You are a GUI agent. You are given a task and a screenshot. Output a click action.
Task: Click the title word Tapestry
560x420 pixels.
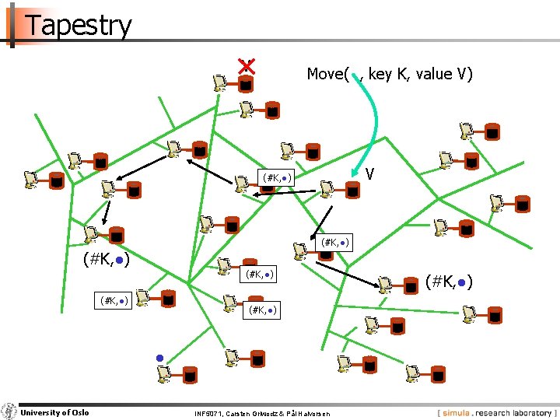[x=79, y=25]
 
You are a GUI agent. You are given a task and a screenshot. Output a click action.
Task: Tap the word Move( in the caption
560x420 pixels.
[x=327, y=74]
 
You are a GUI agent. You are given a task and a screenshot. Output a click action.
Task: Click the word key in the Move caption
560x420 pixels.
[x=380, y=74]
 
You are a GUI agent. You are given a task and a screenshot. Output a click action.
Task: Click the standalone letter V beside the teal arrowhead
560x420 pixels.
[x=371, y=173]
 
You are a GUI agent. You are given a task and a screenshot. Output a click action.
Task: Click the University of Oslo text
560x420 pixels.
[x=54, y=412]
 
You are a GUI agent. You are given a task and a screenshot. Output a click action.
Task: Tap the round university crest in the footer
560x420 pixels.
[x=9, y=412]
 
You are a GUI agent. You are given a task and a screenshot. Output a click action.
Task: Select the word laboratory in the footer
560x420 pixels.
[x=529, y=413]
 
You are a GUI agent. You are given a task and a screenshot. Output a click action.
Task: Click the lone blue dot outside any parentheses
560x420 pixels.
[x=158, y=358]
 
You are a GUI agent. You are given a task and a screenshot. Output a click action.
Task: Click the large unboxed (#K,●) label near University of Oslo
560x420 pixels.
[x=106, y=260]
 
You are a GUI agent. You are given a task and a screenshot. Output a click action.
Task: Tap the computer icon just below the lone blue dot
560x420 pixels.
[x=163, y=374]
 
